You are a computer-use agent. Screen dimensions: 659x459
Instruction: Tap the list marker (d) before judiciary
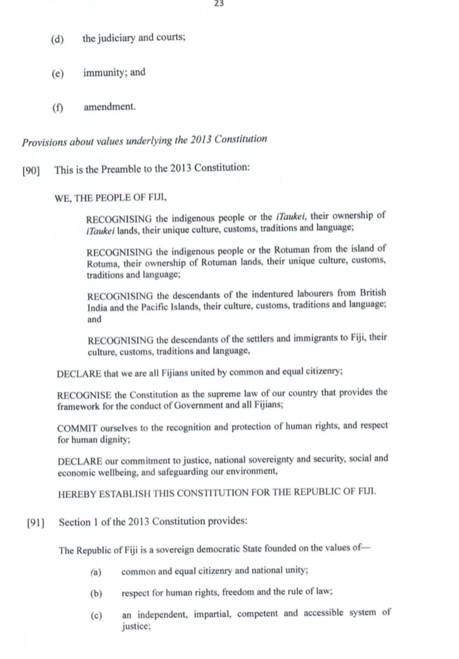coord(58,38)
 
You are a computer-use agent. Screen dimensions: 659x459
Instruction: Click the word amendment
coord(110,107)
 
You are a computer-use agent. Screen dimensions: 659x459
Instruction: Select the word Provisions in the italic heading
coord(44,140)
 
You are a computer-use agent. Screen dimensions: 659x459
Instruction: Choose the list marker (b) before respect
coord(97,592)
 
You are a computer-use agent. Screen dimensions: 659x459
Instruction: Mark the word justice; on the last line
coord(136,625)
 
